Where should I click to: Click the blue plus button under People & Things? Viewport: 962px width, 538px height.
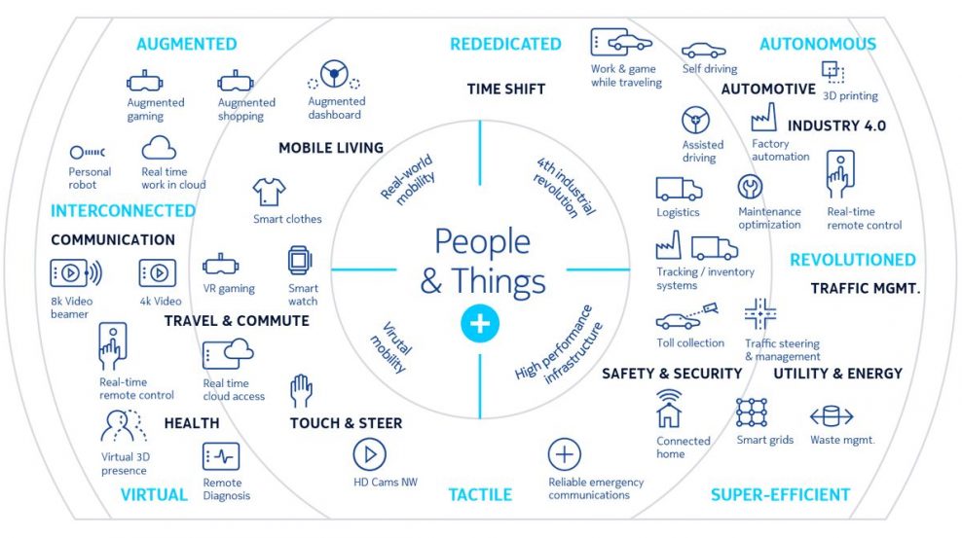tap(480, 323)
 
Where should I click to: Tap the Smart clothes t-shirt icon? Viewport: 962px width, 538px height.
tap(269, 192)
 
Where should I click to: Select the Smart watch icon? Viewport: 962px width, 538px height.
tap(300, 261)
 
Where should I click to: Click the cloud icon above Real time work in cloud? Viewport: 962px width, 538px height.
tap(159, 148)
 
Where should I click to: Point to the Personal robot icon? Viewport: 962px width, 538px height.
tap(87, 152)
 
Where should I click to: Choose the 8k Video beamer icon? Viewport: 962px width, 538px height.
tap(76, 272)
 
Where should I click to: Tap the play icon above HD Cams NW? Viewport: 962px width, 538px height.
tap(369, 454)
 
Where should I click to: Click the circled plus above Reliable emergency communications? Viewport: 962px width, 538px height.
tap(564, 454)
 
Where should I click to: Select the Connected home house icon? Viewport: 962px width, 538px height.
tap(669, 408)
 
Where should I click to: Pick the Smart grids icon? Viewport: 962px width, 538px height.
tap(752, 412)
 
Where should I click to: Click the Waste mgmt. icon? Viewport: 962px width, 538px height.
tap(832, 416)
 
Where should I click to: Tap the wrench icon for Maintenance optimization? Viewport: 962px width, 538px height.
tap(750, 187)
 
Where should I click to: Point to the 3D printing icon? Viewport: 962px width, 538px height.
tap(833, 71)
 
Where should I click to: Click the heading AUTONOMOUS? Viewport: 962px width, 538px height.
tap(818, 44)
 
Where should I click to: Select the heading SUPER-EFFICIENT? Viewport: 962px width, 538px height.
tap(780, 494)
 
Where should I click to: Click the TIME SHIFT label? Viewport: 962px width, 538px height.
tap(506, 90)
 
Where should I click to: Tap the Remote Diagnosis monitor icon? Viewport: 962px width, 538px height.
tap(221, 456)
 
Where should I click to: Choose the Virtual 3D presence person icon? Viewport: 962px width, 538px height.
tap(124, 426)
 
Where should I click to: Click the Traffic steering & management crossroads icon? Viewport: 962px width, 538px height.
tap(760, 313)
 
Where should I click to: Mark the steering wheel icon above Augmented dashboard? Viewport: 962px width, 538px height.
tap(334, 75)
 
